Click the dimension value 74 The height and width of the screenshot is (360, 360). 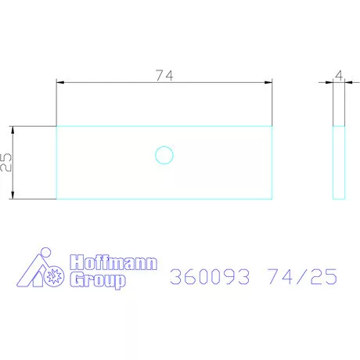tap(164, 75)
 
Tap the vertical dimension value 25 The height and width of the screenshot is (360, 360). tap(6, 163)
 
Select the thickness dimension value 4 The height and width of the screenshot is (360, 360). tap(339, 75)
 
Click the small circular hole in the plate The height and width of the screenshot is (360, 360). tap(164, 155)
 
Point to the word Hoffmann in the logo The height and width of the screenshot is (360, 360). tap(113, 263)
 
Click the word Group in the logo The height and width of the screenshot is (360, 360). tap(98, 280)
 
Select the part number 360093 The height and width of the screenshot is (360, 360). tap(209, 275)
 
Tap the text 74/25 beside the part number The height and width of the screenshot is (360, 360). tap(301, 275)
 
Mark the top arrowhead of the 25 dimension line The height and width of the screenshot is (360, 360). tap(14, 129)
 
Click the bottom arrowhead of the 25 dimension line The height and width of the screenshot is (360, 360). tap(14, 196)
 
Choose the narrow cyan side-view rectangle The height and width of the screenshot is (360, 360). tap(339, 162)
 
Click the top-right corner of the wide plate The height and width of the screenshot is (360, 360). tap(272, 126)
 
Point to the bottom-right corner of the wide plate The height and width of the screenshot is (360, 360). tap(272, 199)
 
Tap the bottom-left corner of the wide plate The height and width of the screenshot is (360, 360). tap(56, 199)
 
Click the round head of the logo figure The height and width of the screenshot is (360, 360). tap(45, 253)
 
